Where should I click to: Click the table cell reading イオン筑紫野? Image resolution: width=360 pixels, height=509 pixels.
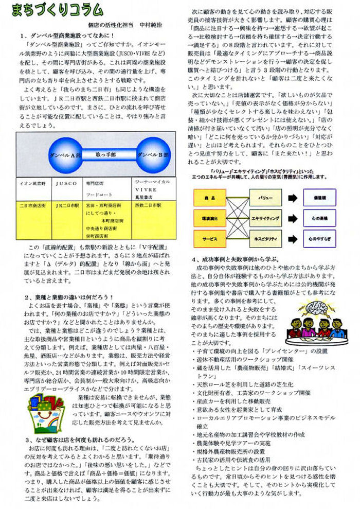[33, 183]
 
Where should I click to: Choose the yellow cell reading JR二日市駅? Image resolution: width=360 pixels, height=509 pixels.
[67, 205]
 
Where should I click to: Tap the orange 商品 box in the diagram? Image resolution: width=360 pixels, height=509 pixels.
[210, 197]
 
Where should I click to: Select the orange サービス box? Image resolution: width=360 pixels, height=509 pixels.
[210, 239]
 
